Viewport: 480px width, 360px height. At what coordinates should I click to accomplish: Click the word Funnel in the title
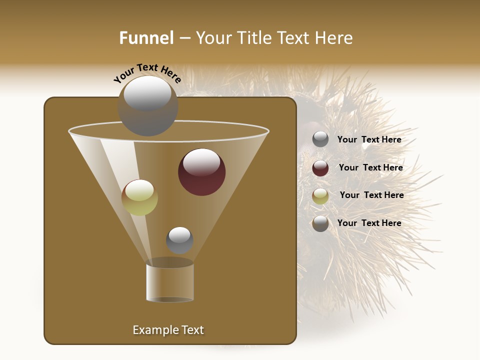coord(146,38)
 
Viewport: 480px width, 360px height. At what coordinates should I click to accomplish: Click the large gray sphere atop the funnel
coord(148,106)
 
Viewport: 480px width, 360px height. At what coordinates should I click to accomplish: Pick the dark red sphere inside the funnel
coord(201,172)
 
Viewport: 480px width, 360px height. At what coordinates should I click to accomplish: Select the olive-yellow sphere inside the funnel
coord(139,197)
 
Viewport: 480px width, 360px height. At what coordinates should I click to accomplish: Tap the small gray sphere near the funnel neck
coord(179,240)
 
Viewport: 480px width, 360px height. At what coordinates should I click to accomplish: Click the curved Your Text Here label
coord(147,73)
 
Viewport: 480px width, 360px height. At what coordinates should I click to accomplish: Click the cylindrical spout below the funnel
coord(170,282)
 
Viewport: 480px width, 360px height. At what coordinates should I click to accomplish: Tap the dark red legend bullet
coord(320,168)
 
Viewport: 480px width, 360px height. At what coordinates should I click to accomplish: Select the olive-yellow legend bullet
coord(320,196)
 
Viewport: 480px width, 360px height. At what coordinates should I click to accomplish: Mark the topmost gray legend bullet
coord(320,139)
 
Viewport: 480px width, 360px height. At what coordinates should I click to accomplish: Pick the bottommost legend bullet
coord(320,223)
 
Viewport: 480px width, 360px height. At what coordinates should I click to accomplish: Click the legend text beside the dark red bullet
coord(370,168)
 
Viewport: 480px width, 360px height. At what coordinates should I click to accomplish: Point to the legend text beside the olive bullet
coord(371,195)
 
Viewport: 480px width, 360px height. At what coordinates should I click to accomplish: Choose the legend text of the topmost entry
coord(369,140)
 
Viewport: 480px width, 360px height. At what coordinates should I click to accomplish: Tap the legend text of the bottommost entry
coord(369,223)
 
